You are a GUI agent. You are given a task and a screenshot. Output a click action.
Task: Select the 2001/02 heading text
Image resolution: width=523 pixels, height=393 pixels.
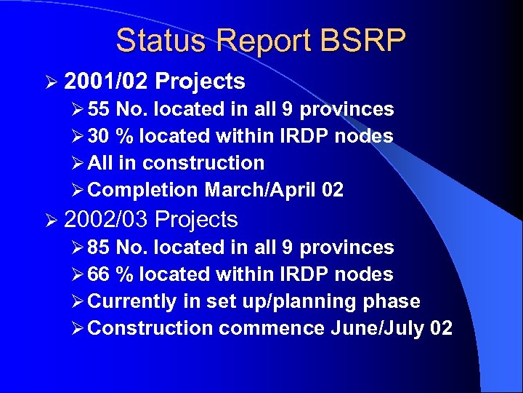point(105,81)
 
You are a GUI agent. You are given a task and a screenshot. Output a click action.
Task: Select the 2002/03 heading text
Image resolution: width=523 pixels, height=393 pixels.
point(105,219)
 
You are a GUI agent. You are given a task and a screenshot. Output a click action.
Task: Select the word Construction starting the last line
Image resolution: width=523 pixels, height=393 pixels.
point(150,329)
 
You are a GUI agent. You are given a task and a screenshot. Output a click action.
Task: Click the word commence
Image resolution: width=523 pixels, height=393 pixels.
point(272,329)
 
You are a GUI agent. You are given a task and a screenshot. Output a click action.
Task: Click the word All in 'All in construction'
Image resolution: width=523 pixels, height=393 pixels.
point(100,164)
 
